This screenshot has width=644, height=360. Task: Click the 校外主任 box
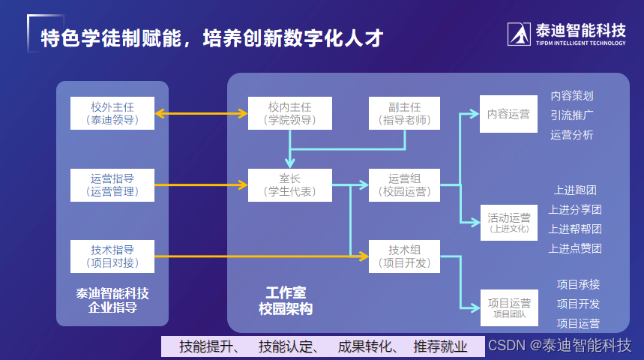coord(112,112)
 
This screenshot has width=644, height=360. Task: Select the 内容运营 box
coord(508,114)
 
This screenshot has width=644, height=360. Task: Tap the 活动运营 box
coord(508,222)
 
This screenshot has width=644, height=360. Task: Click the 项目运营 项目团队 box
coord(508,307)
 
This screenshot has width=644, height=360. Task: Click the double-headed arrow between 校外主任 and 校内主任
coord(201,114)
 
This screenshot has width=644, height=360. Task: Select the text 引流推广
coord(572,115)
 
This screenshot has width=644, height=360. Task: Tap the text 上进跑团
coord(575,190)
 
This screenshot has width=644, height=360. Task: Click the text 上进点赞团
coord(575,248)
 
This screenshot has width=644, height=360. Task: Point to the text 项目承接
coord(578,284)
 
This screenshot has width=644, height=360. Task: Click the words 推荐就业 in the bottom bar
coord(440,346)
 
